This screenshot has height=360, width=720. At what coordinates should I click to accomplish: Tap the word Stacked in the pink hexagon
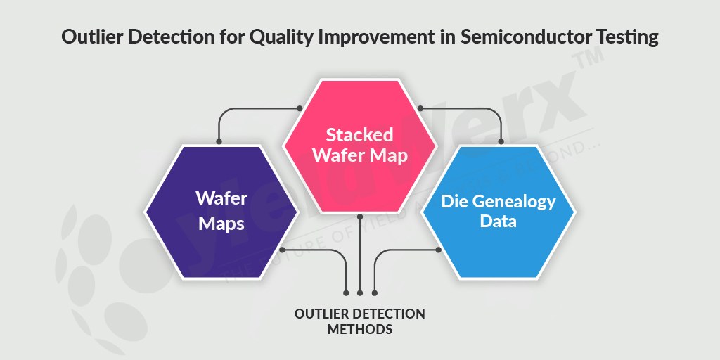(359, 134)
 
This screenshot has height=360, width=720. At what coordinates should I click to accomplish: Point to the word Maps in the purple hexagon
(221, 224)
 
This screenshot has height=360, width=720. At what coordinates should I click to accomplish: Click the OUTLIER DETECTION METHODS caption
(359, 321)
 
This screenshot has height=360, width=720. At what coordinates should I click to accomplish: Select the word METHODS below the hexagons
(359, 328)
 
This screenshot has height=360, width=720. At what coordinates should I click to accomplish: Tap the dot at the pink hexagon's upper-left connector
(300, 108)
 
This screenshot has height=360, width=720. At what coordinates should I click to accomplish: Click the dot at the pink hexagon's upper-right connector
(420, 108)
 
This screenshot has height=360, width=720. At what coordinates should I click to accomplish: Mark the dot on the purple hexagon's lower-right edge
(282, 250)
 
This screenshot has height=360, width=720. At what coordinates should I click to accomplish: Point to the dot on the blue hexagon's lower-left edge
(437, 250)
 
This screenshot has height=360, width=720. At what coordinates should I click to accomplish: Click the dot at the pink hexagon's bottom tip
(359, 215)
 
